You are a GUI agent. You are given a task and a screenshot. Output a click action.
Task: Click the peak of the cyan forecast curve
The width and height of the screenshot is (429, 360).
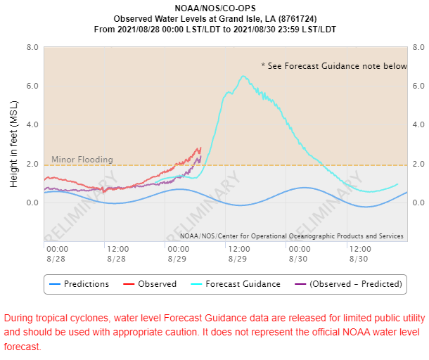point(243,76)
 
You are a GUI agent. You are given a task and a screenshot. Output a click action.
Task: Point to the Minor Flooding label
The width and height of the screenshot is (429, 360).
point(82,160)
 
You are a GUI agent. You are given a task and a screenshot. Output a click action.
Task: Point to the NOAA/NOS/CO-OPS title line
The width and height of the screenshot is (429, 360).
point(215,8)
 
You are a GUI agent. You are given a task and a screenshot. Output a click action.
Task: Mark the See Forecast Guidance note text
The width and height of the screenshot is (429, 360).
point(334,66)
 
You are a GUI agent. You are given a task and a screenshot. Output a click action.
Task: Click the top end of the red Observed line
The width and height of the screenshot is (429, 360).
point(200,148)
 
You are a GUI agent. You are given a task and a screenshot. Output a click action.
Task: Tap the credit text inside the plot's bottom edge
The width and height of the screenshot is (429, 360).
point(292,236)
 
